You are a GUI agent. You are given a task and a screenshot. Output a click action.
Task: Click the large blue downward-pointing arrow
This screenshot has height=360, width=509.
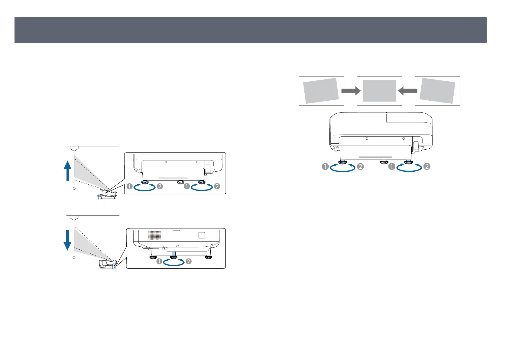click(67, 240)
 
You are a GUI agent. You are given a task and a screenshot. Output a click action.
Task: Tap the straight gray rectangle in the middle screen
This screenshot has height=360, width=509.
click(379, 91)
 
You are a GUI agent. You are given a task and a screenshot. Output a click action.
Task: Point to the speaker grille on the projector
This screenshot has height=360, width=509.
click(154, 235)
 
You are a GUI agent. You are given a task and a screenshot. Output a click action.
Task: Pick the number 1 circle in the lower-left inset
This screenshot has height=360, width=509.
click(159, 261)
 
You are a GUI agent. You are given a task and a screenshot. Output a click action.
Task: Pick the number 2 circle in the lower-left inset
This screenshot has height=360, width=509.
click(189, 261)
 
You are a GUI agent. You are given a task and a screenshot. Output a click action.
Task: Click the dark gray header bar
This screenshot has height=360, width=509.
click(250, 30)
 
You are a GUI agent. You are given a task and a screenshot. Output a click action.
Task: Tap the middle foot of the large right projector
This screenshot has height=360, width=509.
click(384, 162)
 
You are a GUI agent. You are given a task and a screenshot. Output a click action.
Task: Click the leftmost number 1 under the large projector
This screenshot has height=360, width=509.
click(325, 167)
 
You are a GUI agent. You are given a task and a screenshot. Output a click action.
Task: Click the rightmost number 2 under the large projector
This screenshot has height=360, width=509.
click(427, 167)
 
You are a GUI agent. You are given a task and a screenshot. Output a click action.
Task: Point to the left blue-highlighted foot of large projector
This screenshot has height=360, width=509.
click(342, 162)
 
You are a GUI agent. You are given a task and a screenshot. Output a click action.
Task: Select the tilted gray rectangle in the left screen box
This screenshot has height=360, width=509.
click(321, 91)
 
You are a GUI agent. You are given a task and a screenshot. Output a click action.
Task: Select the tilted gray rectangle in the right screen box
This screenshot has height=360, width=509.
click(437, 91)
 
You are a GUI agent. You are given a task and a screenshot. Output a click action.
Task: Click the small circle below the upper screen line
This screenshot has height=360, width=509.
click(74, 188)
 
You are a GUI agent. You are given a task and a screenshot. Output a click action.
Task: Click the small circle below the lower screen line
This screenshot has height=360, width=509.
click(74, 258)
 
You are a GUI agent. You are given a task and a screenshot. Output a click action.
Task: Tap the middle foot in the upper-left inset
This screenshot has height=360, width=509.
click(181, 182)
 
